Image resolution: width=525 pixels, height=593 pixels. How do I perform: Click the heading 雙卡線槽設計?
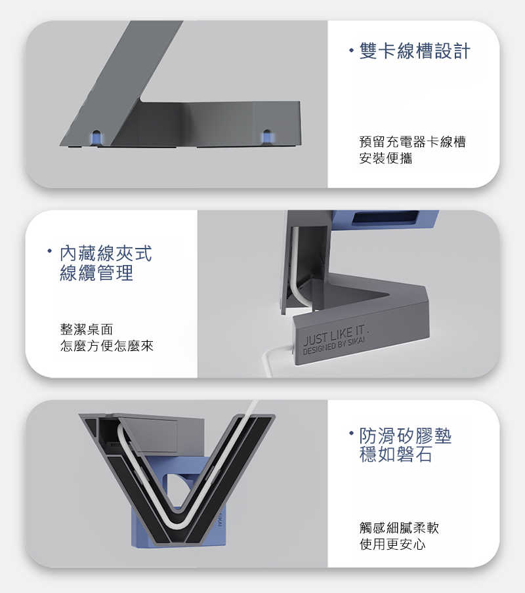point(415,52)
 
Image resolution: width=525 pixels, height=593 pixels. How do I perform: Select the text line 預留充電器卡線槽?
point(412,142)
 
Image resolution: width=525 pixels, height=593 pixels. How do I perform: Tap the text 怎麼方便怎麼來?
point(106,346)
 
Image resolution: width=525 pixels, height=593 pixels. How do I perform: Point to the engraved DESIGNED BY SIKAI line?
point(336,345)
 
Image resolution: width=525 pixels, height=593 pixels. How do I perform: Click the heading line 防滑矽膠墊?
point(406,436)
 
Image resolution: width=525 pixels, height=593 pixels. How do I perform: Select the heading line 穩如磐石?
point(396,455)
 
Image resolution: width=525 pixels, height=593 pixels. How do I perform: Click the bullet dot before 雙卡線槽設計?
point(352,49)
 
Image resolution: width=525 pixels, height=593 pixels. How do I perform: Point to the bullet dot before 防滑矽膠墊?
point(352,433)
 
